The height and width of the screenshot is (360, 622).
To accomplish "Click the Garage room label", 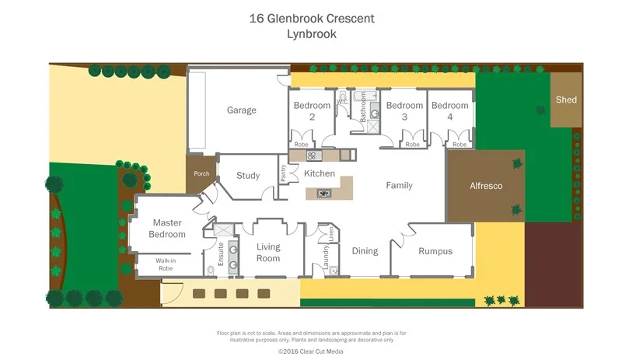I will coord(241,110).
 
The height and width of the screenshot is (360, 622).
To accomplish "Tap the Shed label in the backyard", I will coord(565,100).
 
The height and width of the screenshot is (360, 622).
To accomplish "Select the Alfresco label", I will coord(486,187).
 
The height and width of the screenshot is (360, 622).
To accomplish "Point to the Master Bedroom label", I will coord(168,229).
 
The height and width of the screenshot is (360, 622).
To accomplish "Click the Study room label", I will coord(248,176).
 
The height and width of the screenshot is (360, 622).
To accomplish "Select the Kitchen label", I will coord(319,173).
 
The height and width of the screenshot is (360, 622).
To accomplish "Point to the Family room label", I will coord(399,186).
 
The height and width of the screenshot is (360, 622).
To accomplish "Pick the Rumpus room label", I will coord(435,251).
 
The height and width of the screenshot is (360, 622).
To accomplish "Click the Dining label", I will coord(365,251).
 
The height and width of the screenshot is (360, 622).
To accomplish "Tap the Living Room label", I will coord(268,253).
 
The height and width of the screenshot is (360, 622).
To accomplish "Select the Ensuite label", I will coord(221,254).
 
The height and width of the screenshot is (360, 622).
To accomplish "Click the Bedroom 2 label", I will coord(312,110).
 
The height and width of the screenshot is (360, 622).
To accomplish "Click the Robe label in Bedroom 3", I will coord(412,145).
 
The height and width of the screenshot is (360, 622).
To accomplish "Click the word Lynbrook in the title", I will coord(310,33).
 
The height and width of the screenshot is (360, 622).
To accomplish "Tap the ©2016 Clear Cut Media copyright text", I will coord(311,351).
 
